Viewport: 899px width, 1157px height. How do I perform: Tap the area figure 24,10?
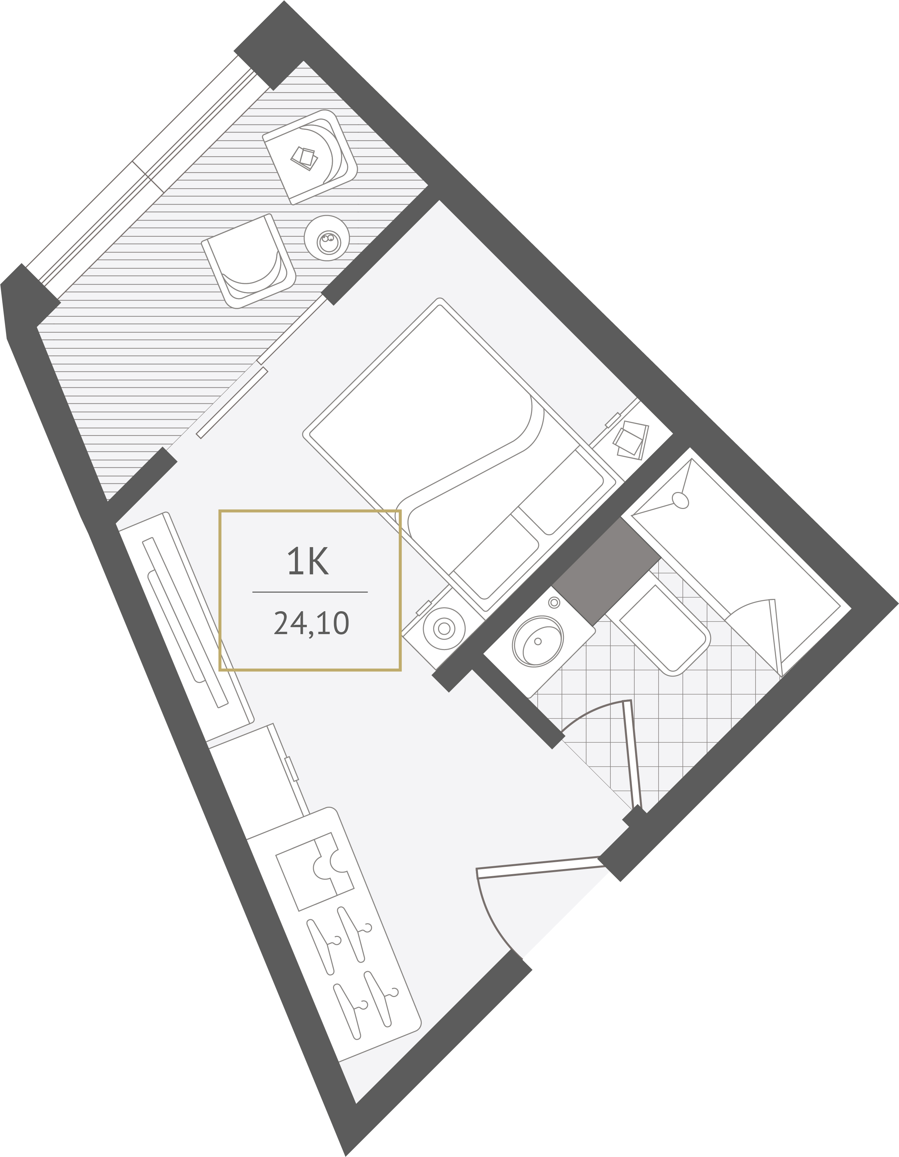click(x=311, y=623)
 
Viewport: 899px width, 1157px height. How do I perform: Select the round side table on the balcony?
click(x=327, y=238)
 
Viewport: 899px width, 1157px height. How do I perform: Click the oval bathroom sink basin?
click(x=537, y=641)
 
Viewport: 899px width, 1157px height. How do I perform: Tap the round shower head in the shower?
click(x=680, y=500)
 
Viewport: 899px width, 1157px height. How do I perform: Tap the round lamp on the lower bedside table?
click(x=444, y=628)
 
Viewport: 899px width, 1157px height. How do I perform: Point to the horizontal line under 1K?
click(x=310, y=592)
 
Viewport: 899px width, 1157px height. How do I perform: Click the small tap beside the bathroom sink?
click(x=554, y=602)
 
